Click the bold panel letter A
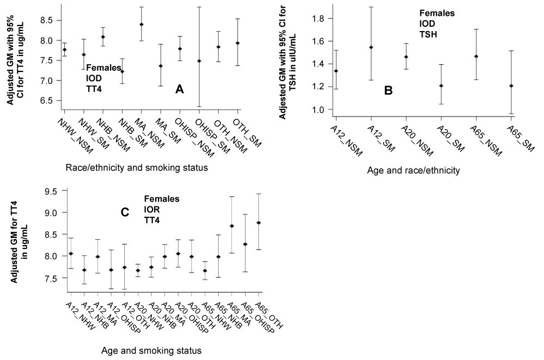coord(179,89)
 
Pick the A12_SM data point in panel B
coord(371,47)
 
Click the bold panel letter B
coord(388,90)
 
